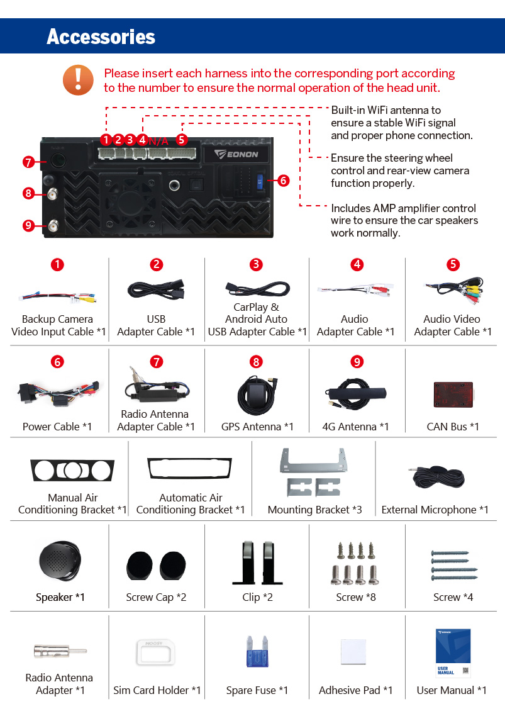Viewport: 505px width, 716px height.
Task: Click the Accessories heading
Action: (x=101, y=36)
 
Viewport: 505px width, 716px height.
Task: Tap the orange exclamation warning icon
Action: (x=78, y=80)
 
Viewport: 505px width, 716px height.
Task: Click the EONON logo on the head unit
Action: (x=236, y=154)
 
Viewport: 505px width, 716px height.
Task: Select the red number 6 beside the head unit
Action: (x=284, y=181)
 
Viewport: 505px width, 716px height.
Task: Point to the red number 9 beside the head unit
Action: (x=28, y=226)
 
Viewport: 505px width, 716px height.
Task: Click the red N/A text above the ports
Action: (x=158, y=141)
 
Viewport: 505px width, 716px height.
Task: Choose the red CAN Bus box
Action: (x=453, y=394)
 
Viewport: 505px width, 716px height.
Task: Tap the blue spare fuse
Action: (x=257, y=652)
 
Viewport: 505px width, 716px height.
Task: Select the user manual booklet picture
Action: (x=453, y=652)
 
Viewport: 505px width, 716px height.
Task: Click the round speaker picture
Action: (x=60, y=561)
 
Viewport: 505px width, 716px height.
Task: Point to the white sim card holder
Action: (x=156, y=652)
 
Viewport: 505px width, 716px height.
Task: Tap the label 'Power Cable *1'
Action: (x=57, y=427)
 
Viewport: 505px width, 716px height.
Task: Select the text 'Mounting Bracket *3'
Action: (x=314, y=510)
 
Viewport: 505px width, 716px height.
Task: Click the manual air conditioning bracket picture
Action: (x=72, y=471)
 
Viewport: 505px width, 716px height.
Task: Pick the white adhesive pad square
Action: (x=353, y=652)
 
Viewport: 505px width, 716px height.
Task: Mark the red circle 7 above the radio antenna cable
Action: (x=156, y=362)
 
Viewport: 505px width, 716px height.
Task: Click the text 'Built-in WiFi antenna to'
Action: (x=386, y=110)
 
